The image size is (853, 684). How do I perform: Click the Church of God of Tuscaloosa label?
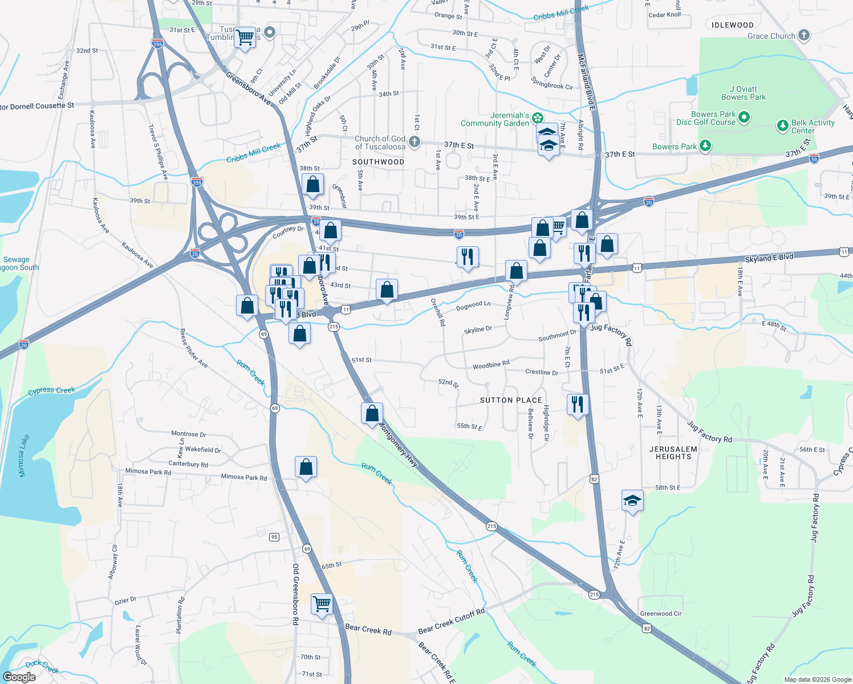(x=380, y=142)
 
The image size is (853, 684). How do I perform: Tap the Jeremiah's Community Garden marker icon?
(x=537, y=119)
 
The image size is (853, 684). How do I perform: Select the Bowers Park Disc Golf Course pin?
(x=744, y=118)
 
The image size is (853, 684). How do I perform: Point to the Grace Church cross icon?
(x=804, y=36)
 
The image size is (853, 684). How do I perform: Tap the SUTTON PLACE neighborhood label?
(x=511, y=400)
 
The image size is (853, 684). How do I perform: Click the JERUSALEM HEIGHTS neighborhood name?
(x=673, y=453)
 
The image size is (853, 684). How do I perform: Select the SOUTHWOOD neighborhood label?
(x=378, y=162)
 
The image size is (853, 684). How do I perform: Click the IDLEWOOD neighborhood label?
(x=733, y=25)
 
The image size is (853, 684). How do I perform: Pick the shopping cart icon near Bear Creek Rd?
(x=322, y=604)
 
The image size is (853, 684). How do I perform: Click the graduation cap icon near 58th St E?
(x=632, y=501)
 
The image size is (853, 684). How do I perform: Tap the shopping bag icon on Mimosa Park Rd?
(x=306, y=467)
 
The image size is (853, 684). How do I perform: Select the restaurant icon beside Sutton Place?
(x=578, y=404)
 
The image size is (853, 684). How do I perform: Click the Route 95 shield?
(x=275, y=537)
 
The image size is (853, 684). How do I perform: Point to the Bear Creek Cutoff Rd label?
(x=451, y=621)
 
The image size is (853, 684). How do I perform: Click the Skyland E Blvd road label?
(x=769, y=258)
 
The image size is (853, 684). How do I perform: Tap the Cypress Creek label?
(x=51, y=390)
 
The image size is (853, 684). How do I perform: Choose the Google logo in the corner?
(x=19, y=677)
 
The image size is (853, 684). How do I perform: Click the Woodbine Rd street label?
(x=490, y=365)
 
